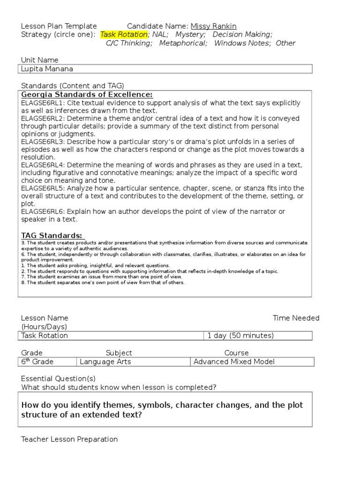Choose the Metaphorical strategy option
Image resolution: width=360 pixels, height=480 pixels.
pyautogui.click(x=182, y=43)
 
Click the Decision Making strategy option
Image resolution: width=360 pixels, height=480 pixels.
pyautogui.click(x=242, y=35)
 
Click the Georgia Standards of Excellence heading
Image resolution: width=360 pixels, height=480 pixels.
pyautogui.click(x=87, y=95)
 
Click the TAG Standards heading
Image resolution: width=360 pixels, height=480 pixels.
pyautogui.click(x=52, y=235)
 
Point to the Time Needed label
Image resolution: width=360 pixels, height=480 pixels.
pyautogui.click(x=296, y=318)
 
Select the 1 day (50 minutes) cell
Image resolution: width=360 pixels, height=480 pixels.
pyautogui.click(x=240, y=336)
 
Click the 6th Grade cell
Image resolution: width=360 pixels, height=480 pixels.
pyautogui.click(x=37, y=362)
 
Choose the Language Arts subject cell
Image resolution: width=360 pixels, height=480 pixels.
pyautogui.click(x=105, y=362)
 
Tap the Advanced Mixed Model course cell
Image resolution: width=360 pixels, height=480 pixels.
pyautogui.click(x=234, y=362)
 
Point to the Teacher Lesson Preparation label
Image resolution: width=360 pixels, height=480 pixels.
pyautogui.click(x=69, y=439)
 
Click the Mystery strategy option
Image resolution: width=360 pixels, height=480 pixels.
pyautogui.click(x=190, y=35)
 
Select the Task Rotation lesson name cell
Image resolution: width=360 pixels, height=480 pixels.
pyautogui.click(x=45, y=336)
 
